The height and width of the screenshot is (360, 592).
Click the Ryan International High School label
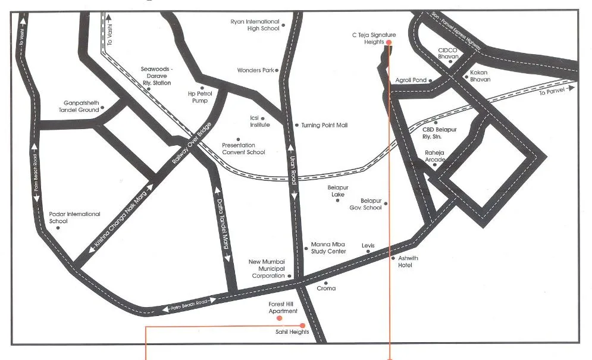tap(255, 25)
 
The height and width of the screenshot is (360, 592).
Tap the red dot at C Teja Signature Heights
tap(389, 43)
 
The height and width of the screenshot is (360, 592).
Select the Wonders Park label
tap(255, 70)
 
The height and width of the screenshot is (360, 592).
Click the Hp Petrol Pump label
tap(198, 97)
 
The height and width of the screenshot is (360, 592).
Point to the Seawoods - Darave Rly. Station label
tap(155, 76)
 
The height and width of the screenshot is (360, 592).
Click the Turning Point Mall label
tap(324, 126)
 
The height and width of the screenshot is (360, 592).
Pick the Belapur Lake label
tap(336, 191)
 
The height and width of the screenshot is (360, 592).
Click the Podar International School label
tap(74, 217)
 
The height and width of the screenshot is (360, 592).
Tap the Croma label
tap(326, 289)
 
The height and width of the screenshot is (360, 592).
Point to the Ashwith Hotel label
tap(405, 262)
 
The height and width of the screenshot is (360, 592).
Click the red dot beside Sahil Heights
tap(302, 325)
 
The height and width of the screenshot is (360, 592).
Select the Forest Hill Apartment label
tap(283, 308)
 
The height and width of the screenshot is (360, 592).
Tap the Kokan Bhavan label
tap(480, 76)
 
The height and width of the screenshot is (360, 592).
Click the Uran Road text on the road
tap(293, 173)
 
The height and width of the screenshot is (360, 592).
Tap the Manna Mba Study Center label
tap(328, 248)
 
